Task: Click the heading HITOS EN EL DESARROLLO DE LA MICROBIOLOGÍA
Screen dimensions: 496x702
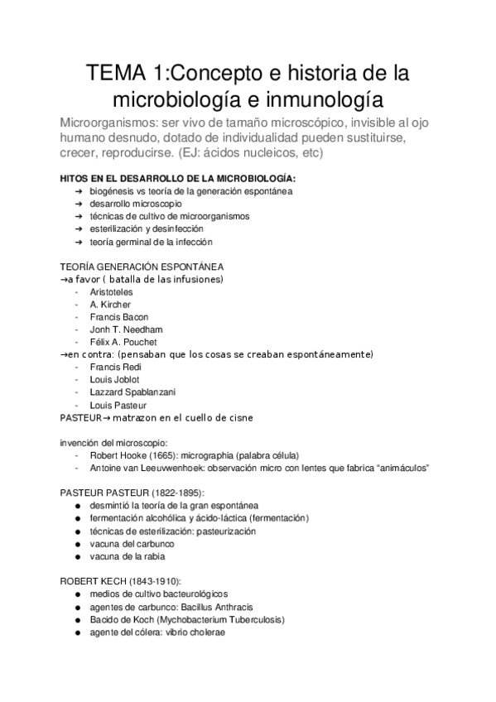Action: (176, 178)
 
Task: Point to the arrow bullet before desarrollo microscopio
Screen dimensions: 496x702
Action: (78, 204)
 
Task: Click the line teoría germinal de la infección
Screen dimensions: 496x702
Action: (152, 242)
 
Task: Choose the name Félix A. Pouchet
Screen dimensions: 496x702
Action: (123, 342)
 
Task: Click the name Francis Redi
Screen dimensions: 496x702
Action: (113, 367)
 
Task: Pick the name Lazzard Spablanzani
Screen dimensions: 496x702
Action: (131, 392)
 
